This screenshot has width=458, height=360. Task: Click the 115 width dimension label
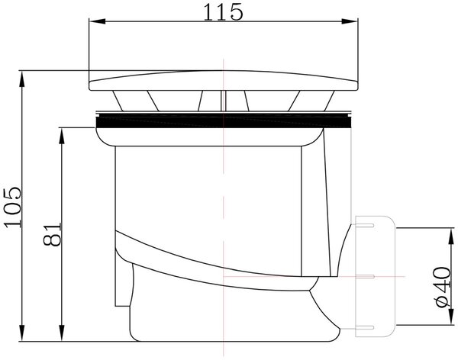pyautogui.click(x=223, y=12)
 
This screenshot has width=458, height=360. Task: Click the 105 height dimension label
pyautogui.click(x=13, y=207)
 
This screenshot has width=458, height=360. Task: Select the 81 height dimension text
pyautogui.click(x=53, y=234)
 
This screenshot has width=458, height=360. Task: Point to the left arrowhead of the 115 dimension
pyautogui.click(x=97, y=21)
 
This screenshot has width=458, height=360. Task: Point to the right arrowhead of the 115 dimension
pyautogui.click(x=350, y=21)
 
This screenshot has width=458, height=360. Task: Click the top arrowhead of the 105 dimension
pyautogui.click(x=21, y=79)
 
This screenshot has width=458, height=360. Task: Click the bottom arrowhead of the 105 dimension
pyautogui.click(x=21, y=333)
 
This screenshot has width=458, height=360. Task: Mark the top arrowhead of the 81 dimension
pyautogui.click(x=62, y=136)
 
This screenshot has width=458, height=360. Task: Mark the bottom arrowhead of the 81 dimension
pyautogui.click(x=62, y=333)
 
